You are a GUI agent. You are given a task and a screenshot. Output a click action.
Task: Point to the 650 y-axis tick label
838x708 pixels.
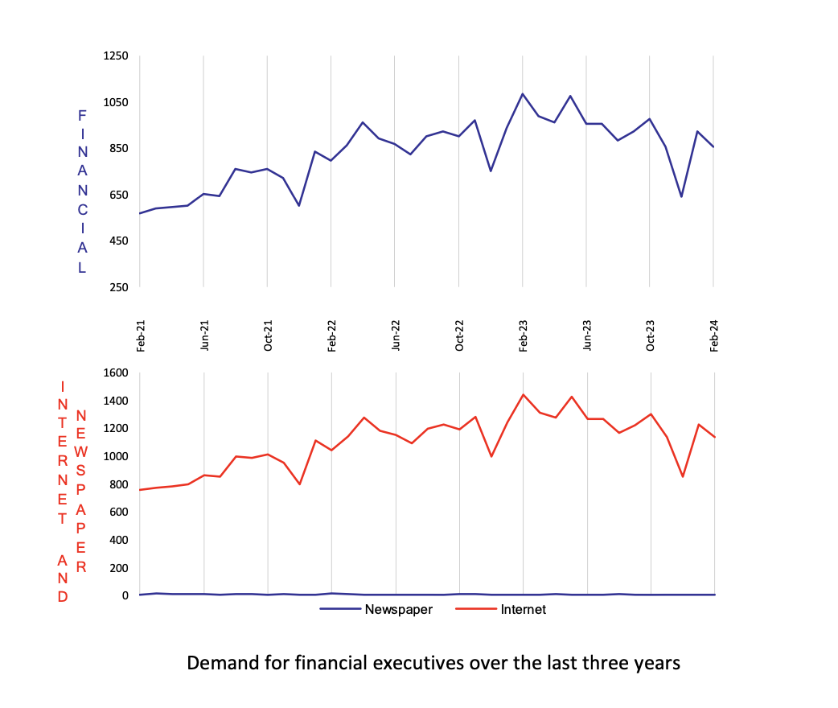[118, 195]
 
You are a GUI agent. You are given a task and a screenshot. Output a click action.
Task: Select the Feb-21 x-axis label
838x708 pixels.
[141, 335]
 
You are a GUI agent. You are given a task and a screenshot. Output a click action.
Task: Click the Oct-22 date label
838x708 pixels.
[459, 335]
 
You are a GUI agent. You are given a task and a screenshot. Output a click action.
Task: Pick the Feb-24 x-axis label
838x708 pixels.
[713, 335]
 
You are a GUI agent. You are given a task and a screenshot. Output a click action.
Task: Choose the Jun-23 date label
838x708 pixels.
[587, 335]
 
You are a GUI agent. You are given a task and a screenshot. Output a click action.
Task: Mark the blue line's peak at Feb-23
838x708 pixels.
[523, 94]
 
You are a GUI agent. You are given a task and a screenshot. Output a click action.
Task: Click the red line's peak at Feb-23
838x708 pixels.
[523, 395]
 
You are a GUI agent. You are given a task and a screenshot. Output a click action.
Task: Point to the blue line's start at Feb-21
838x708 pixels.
[140, 213]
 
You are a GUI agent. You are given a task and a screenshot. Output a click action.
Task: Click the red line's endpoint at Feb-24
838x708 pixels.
[714, 437]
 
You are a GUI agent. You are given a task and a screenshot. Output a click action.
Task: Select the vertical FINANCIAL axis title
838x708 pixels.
[82, 193]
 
